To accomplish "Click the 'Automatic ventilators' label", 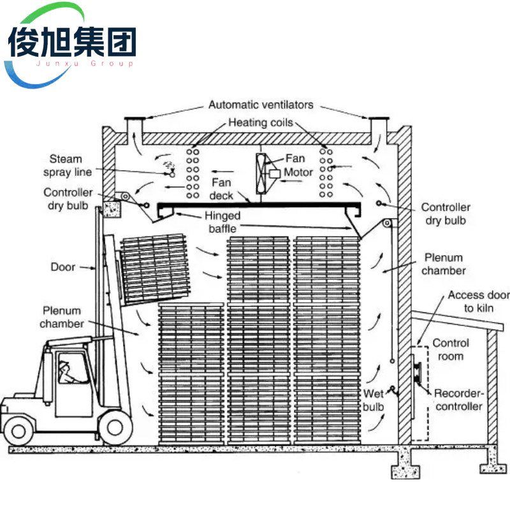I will point(261,105).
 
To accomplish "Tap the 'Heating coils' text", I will point(261,122).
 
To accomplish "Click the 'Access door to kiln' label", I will point(479,302).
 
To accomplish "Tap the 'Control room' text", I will point(451,349).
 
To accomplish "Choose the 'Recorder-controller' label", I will point(458,400).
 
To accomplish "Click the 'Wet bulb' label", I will point(374,400).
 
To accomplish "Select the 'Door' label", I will point(63,267).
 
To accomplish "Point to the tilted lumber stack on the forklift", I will point(156,268).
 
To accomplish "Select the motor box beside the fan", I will point(274,173).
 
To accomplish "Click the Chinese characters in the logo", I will point(72,43).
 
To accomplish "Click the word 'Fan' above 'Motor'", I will point(295,159).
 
